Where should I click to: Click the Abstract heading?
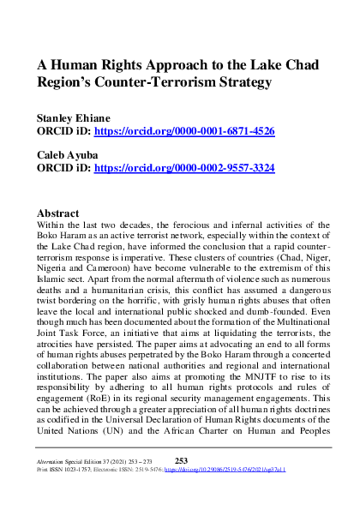[x=64, y=212]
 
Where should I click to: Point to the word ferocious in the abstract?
[x=166, y=224]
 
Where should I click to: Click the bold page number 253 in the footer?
[x=180, y=459]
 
